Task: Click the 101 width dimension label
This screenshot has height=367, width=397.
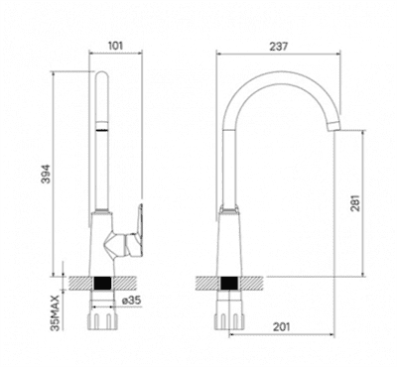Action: point(116,46)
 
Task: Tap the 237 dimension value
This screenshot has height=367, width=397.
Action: point(279,47)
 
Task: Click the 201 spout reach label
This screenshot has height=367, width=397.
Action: point(281,327)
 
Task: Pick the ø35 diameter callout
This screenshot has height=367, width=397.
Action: point(131,301)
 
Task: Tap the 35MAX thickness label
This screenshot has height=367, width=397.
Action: point(56,312)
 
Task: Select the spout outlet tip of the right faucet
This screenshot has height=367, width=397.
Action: point(333,127)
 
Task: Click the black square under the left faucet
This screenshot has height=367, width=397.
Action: point(102,284)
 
